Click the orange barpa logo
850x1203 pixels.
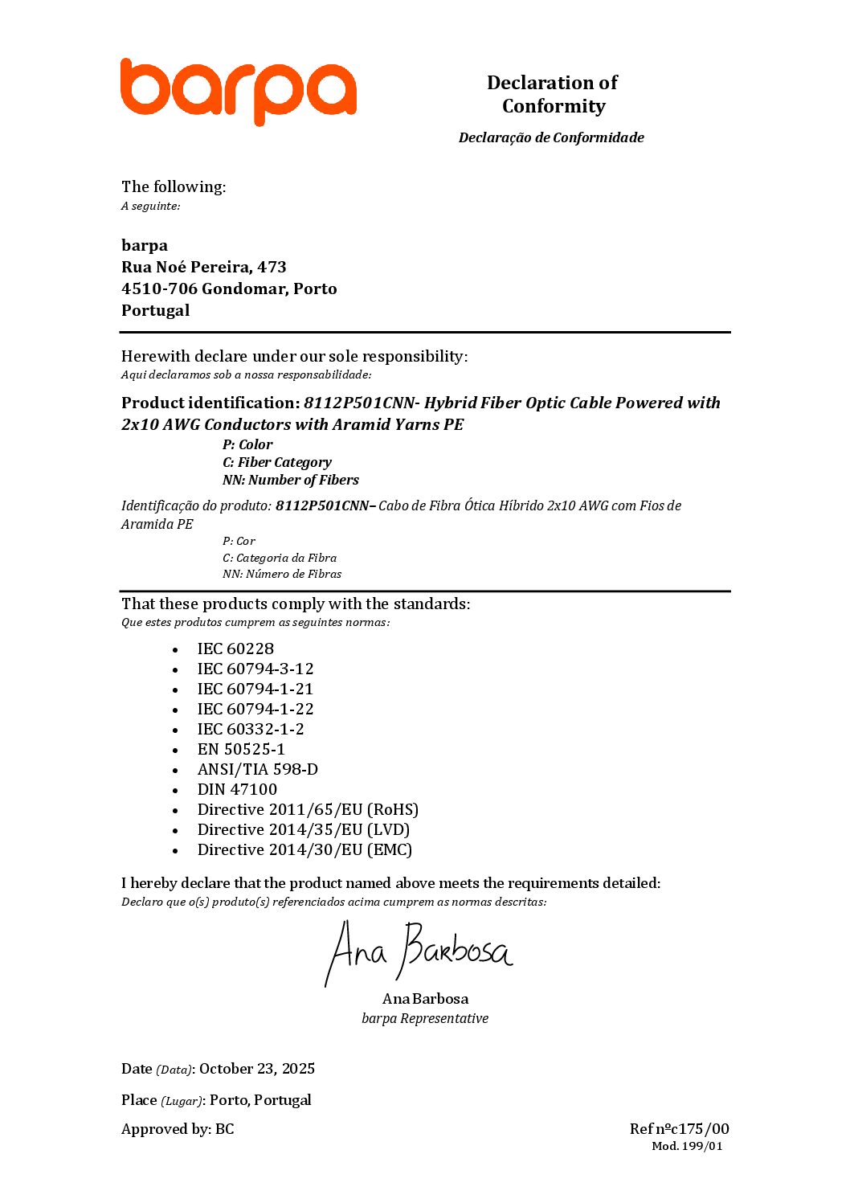[x=238, y=91]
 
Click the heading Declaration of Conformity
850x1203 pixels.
[x=552, y=94]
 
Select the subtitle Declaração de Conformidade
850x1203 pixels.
[x=551, y=137]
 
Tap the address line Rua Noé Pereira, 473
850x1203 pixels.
[x=203, y=267]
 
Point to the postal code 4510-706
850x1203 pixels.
[x=159, y=288]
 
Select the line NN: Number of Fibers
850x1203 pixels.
[x=290, y=480]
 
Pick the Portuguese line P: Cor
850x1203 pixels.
[x=239, y=541]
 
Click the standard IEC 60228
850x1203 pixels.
[x=235, y=649]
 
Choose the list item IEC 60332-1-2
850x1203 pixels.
[x=251, y=729]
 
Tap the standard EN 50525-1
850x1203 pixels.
[x=241, y=749]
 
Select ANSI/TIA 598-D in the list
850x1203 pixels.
[x=257, y=769]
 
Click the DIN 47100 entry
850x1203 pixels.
[x=237, y=789]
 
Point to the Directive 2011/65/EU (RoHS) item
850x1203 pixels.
[x=308, y=809]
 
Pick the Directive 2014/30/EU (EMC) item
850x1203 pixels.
[x=304, y=849]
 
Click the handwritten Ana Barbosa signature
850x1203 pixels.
[x=419, y=953]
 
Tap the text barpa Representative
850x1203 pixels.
[x=425, y=1018]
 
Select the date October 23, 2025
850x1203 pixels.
[x=257, y=1069]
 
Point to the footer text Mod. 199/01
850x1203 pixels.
[x=687, y=1146]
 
